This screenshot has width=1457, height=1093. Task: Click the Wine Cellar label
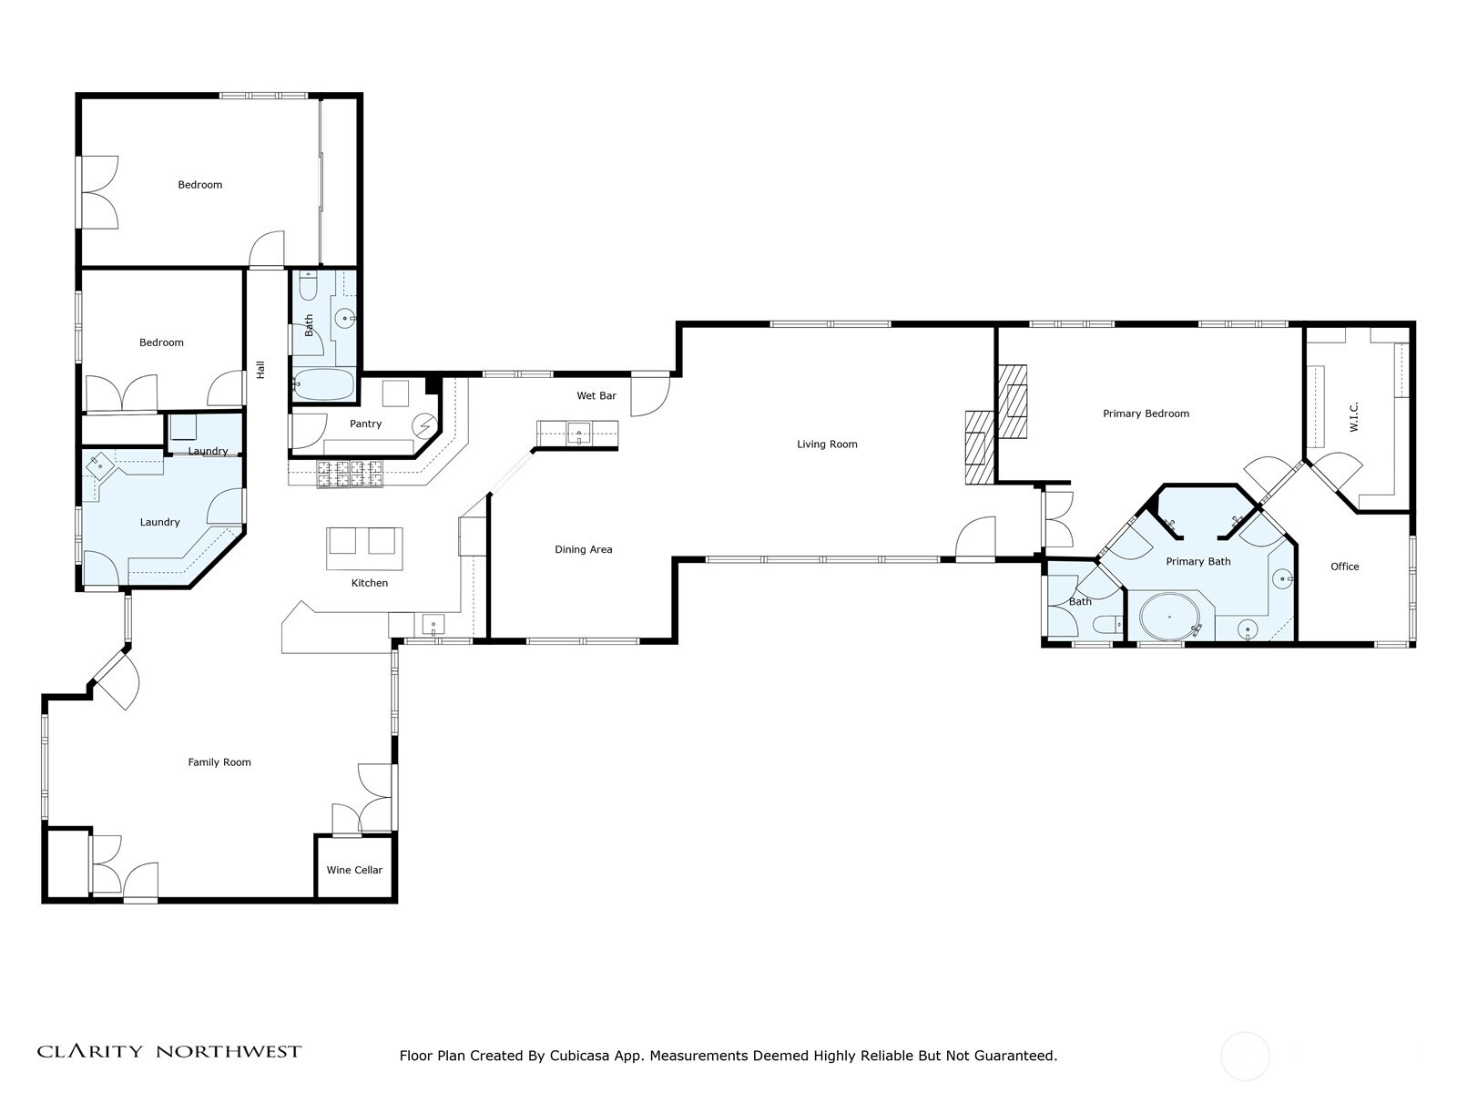pos(354,870)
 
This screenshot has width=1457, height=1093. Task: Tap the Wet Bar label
pos(596,396)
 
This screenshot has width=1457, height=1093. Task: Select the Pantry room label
pos(365,424)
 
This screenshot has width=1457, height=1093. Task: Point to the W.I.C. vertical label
pos(1354,417)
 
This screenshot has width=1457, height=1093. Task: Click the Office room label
pos(1344,567)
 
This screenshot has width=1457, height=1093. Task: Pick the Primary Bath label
pos(1197,562)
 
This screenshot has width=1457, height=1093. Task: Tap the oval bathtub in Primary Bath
pos(1169,618)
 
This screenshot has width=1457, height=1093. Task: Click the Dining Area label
pos(583,549)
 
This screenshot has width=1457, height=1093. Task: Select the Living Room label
pos(827,444)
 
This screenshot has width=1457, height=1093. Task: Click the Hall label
pos(260,370)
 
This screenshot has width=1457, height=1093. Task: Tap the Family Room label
pos(219,762)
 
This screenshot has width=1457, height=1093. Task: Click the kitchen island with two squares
pos(364,546)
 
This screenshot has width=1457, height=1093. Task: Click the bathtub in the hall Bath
pos(323,385)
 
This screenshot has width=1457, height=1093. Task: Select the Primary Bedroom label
pos(1146,414)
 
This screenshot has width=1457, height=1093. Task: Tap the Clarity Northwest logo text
pos(168,1052)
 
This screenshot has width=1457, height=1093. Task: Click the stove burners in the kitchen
pos(351,474)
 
